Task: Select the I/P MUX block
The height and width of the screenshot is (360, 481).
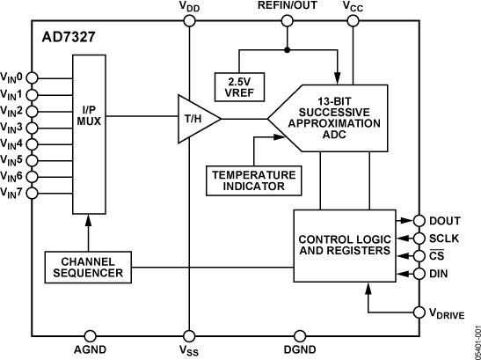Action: pyautogui.click(x=89, y=114)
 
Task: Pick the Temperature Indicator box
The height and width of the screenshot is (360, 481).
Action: pyautogui.click(x=253, y=180)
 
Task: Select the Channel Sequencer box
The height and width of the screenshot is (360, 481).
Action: pyautogui.click(x=88, y=268)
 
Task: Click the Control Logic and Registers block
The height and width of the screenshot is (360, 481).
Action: pyautogui.click(x=342, y=245)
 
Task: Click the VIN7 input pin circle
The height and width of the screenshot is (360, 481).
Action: pyautogui.click(x=33, y=192)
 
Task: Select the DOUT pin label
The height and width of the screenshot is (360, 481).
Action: pyautogui.click(x=444, y=221)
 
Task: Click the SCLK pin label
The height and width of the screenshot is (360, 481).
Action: pyautogui.click(x=444, y=239)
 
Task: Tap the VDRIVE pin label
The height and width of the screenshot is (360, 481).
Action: pyautogui.click(x=448, y=312)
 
